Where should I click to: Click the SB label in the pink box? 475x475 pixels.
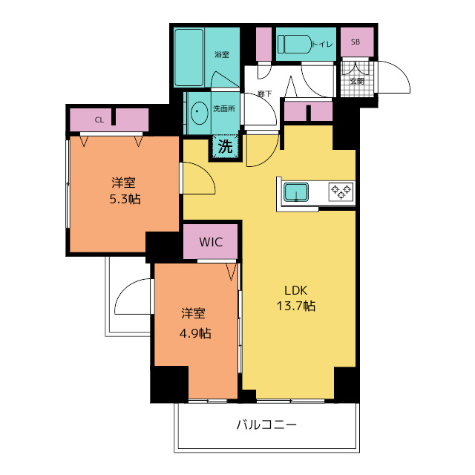click(x=356, y=42)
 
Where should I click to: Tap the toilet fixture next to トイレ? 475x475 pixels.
click(x=295, y=45)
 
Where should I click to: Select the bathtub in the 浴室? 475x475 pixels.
click(x=189, y=57)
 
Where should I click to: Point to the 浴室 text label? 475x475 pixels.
click(x=222, y=54)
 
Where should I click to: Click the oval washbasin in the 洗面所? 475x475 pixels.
click(x=200, y=111)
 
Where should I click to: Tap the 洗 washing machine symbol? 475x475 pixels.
click(x=226, y=147)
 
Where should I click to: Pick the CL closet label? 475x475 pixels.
click(x=99, y=120)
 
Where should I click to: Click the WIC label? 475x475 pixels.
click(x=211, y=242)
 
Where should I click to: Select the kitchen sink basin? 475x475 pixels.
click(x=296, y=192)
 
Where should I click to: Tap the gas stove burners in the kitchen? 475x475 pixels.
click(x=341, y=191)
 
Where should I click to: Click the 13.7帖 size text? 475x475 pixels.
click(x=296, y=307)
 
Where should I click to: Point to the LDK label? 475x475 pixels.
click(x=296, y=290)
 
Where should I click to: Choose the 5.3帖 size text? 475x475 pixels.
click(x=125, y=200)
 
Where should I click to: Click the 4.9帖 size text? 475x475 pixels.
click(x=195, y=333)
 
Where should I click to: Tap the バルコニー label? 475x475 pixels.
click(x=266, y=425)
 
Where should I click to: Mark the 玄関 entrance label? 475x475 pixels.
click(x=357, y=81)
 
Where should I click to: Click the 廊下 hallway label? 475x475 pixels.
click(x=265, y=94)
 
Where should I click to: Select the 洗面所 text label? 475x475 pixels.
click(x=224, y=109)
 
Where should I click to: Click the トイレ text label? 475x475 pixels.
click(x=322, y=45)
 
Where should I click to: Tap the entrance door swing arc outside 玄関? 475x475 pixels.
click(x=399, y=71)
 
